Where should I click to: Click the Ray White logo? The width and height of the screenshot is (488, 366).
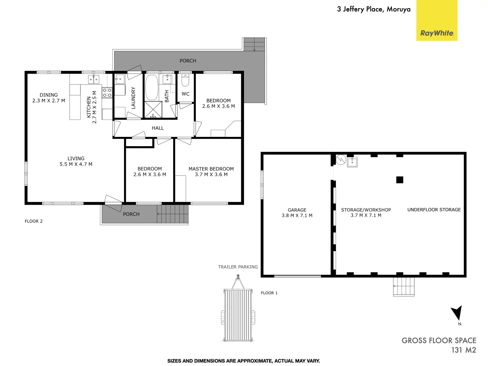436,33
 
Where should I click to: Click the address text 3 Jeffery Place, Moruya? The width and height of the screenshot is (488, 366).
373,9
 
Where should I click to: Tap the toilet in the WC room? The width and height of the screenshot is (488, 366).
185,81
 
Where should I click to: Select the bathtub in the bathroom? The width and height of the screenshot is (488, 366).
151,87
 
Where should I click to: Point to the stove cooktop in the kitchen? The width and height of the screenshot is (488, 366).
107,93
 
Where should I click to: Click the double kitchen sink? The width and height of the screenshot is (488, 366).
94,79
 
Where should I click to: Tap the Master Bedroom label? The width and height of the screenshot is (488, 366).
211,169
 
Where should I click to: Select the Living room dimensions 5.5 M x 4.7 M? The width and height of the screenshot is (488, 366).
76,164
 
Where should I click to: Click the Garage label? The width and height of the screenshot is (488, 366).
297,210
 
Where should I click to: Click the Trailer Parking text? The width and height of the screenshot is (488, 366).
238,267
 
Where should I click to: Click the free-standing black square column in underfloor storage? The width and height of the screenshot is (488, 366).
400,180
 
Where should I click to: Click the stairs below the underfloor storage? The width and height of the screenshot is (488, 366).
404,286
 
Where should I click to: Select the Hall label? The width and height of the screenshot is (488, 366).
158,128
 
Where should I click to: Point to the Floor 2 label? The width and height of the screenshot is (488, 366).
34,221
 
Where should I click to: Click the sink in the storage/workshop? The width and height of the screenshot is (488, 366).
352,162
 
